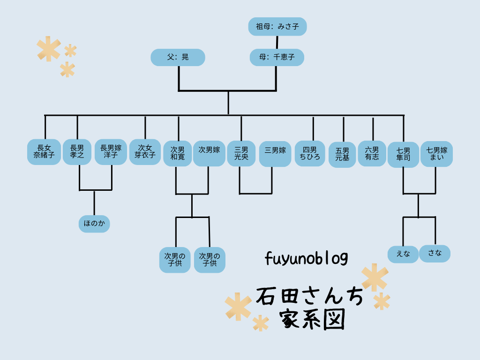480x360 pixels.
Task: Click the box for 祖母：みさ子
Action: [277, 27]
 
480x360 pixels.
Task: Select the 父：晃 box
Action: [178, 57]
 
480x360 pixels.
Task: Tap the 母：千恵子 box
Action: [277, 57]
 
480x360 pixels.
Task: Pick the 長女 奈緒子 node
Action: [44, 152]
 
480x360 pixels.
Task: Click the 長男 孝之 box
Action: [77, 152]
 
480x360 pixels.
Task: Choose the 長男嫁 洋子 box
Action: [111, 152]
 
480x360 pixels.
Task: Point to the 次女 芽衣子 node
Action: [145, 151]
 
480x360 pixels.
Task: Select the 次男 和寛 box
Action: [178, 154]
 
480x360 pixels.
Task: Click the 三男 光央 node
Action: [241, 154]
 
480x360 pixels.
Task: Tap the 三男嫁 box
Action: [275, 154]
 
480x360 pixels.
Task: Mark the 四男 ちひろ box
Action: [310, 154]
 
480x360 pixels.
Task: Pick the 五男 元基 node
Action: [342, 155]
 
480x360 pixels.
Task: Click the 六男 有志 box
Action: [372, 154]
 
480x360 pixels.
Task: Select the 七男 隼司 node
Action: [403, 155]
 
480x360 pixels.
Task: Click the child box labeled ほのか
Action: [94, 224]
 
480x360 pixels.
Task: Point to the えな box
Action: [403, 254]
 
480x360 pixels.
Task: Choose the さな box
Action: [435, 253]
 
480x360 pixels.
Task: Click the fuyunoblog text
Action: [306, 258]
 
